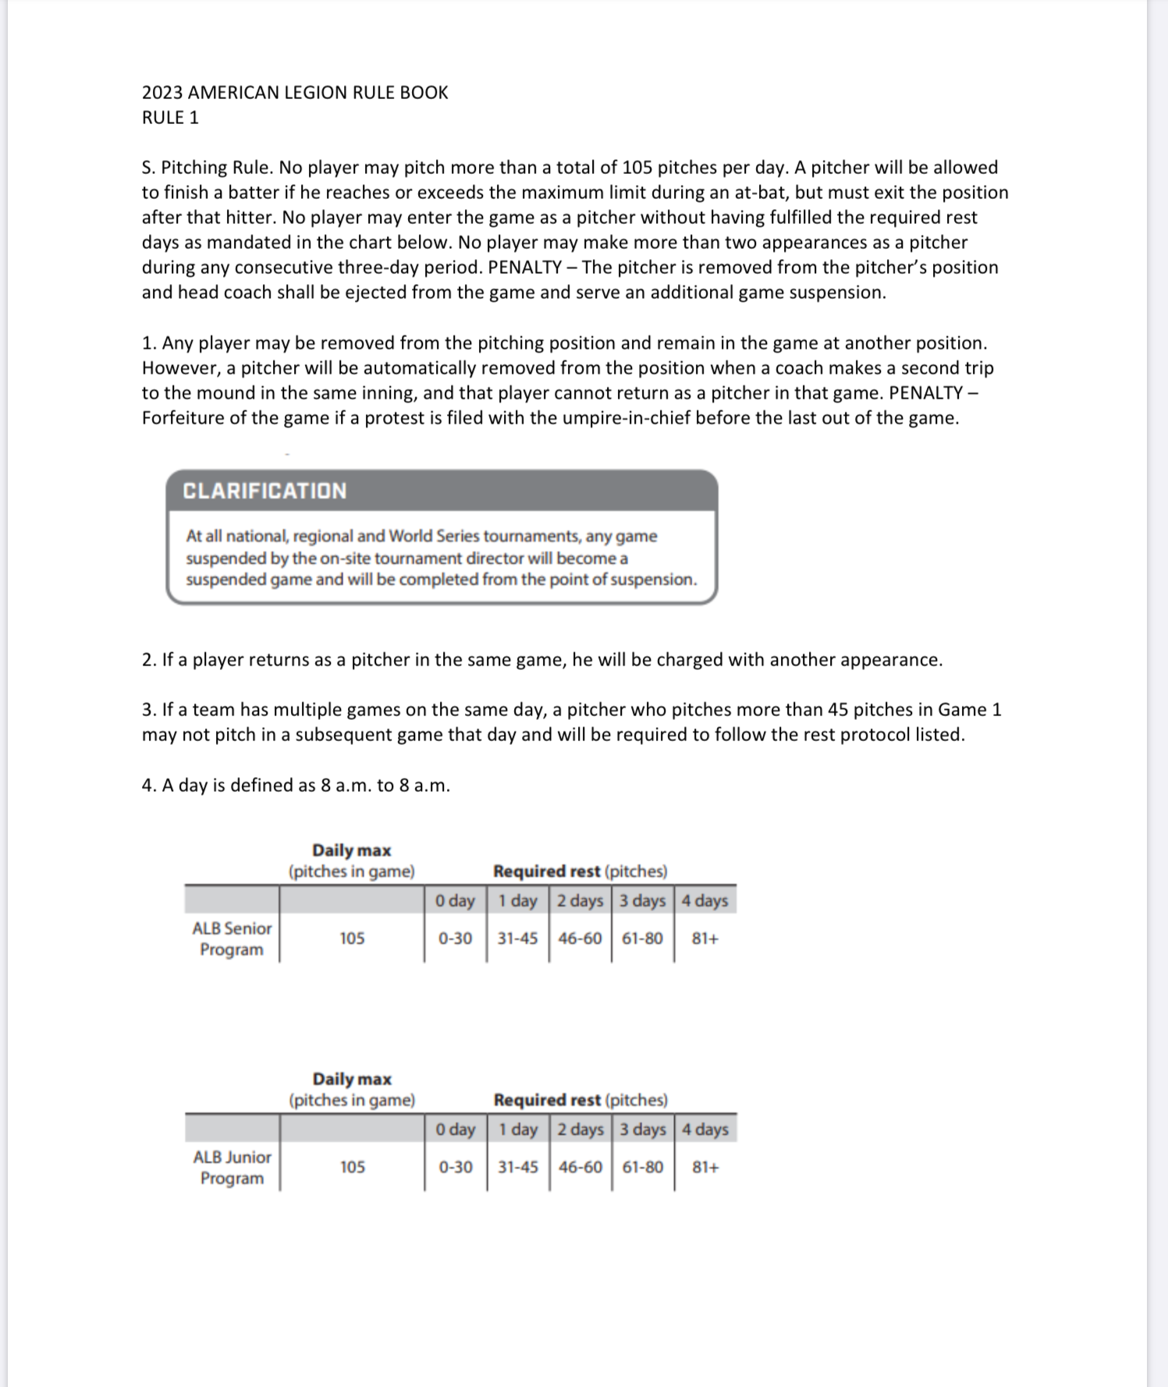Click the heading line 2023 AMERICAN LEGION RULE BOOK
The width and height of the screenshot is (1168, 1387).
pyautogui.click(x=295, y=93)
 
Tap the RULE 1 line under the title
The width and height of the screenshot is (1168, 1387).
pyautogui.click(x=170, y=118)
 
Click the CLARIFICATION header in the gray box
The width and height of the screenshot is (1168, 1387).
pyautogui.click(x=264, y=491)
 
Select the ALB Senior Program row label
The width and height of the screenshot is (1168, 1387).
pyautogui.click(x=232, y=938)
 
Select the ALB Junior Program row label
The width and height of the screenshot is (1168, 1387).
pyautogui.click(x=232, y=1167)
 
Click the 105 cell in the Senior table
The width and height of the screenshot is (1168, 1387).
pyautogui.click(x=352, y=938)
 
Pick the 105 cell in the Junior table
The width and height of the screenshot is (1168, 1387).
pyautogui.click(x=352, y=1167)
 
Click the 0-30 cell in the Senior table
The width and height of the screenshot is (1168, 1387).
pyautogui.click(x=455, y=938)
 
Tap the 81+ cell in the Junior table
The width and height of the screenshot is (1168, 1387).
pyautogui.click(x=705, y=1167)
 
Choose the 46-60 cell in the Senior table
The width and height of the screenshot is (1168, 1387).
pyautogui.click(x=580, y=938)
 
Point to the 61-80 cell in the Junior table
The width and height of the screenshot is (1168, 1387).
pyautogui.click(x=643, y=1167)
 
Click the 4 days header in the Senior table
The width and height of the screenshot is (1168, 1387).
pyautogui.click(x=705, y=900)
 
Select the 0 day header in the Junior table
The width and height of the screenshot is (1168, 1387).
pyautogui.click(x=456, y=1129)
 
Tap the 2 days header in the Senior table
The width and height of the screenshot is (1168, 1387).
pyautogui.click(x=580, y=900)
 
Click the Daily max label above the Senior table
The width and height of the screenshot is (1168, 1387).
pyautogui.click(x=351, y=850)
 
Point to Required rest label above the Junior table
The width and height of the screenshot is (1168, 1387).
pyautogui.click(x=548, y=1100)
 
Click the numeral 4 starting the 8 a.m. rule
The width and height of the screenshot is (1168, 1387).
pyautogui.click(x=147, y=786)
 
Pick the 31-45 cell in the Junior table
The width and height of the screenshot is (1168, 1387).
pyautogui.click(x=518, y=1167)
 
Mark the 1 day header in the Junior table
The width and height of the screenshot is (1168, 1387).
pyautogui.click(x=518, y=1129)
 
